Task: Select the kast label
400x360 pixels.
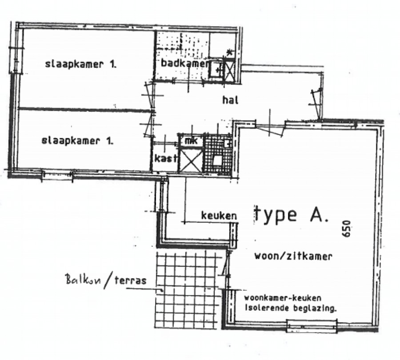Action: [163, 158]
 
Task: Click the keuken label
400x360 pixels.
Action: [218, 216]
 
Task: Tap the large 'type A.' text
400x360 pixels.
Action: [291, 214]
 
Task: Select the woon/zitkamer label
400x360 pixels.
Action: [293, 256]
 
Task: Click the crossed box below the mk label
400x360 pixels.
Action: [190, 160]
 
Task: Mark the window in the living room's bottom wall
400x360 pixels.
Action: [312, 326]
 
